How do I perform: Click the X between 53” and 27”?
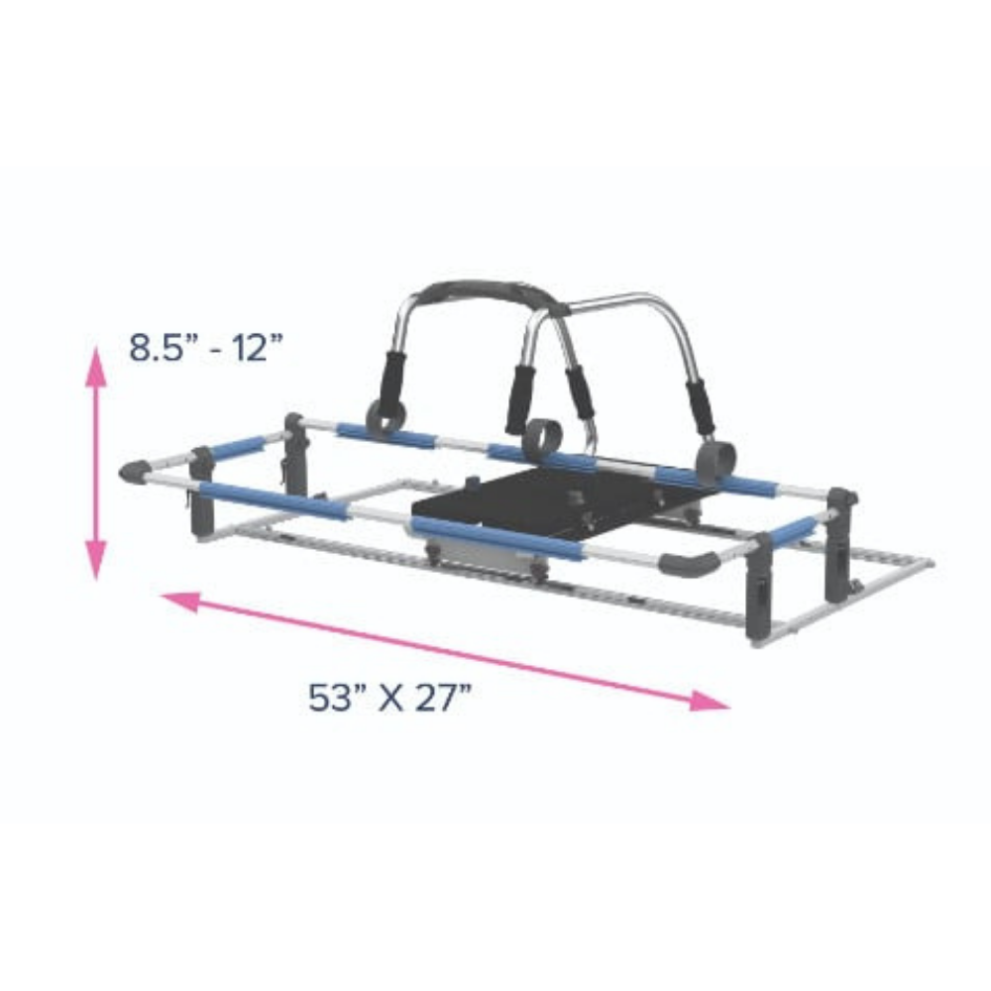[390, 699]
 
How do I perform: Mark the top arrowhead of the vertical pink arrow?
[96, 366]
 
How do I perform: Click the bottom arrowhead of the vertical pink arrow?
[96, 560]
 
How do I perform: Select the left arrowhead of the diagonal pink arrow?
[181, 602]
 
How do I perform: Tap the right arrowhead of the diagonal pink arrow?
[710, 701]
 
